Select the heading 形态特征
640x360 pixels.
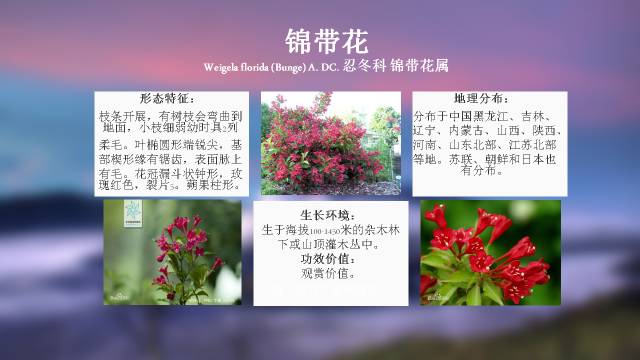tap(166, 99)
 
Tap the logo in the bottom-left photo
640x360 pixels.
tap(129, 215)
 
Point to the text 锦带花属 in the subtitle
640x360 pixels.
tap(421, 66)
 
